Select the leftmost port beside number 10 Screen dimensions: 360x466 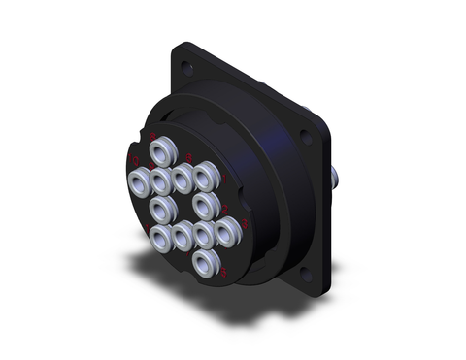pos(138,180)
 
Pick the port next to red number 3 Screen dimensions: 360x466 pos(228,230)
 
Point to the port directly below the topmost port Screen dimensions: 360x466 pos(162,179)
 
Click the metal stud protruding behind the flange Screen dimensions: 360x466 pos(336,179)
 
